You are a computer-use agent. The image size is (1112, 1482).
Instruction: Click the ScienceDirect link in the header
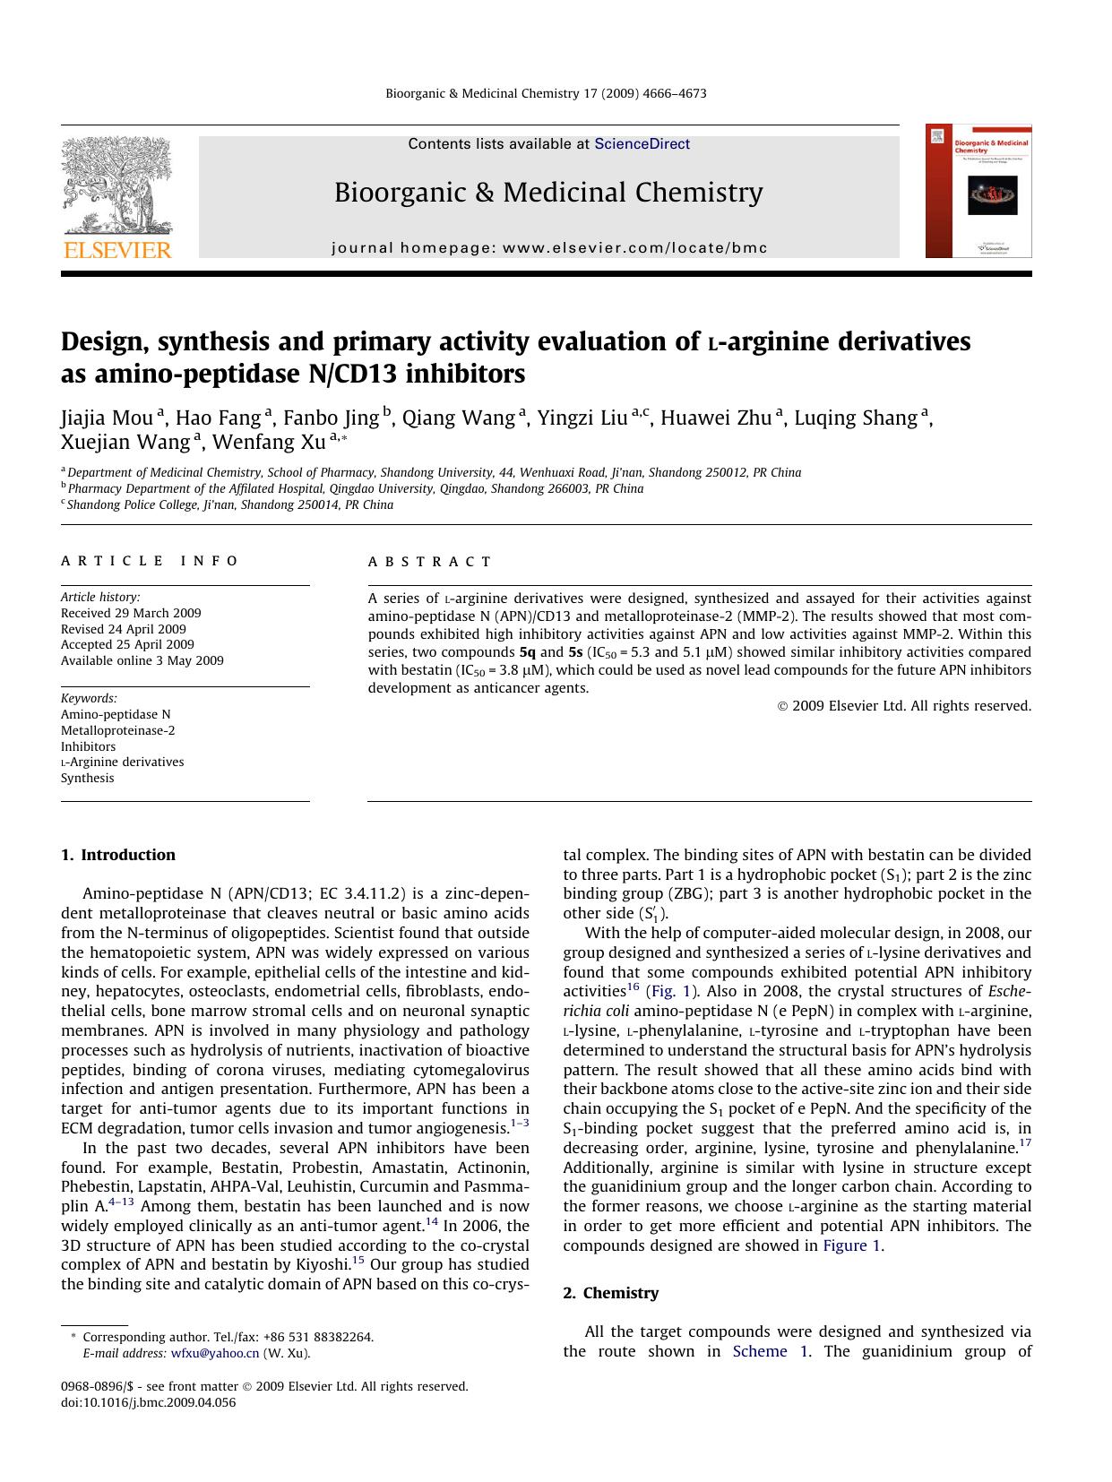click(x=642, y=143)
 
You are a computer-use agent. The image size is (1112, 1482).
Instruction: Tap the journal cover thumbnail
click(x=978, y=191)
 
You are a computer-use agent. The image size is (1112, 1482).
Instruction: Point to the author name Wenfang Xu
click(x=269, y=443)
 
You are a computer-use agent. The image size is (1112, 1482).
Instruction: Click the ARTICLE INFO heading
click(x=150, y=561)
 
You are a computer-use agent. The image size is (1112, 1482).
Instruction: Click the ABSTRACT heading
click(x=430, y=562)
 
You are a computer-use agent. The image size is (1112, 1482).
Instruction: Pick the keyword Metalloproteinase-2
click(x=117, y=730)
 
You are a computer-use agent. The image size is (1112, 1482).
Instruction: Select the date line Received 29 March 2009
click(x=131, y=613)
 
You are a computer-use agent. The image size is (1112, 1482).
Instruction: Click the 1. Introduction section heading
click(x=118, y=855)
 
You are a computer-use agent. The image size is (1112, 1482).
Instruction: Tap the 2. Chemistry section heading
click(x=610, y=1293)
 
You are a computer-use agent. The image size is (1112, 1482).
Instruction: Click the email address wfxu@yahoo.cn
click(x=215, y=1353)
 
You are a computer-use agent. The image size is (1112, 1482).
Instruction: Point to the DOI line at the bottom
click(x=148, y=1402)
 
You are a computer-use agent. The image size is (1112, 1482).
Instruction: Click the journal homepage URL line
click(x=549, y=248)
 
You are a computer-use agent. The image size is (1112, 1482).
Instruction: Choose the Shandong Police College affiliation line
click(x=229, y=504)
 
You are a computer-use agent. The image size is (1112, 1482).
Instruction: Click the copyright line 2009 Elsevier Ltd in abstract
click(x=904, y=706)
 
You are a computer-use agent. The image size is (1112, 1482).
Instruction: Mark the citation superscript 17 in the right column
click(x=1025, y=1143)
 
